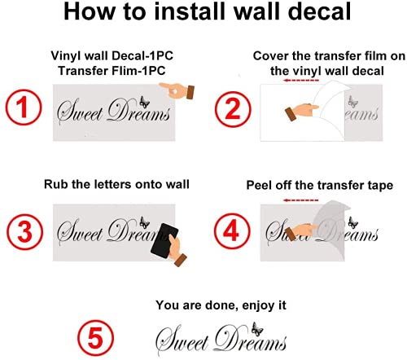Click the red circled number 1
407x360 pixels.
[x=24, y=108]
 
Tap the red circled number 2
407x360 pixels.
[x=233, y=109]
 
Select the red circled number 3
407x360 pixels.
[x=24, y=232]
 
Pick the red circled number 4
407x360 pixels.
[x=232, y=231]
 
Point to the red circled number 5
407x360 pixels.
[x=95, y=338]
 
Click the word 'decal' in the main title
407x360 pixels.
[x=319, y=11]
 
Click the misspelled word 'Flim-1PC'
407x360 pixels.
[x=138, y=71]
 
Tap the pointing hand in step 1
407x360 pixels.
[x=177, y=90]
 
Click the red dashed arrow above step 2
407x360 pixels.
[x=300, y=81]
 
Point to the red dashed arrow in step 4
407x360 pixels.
[x=300, y=200]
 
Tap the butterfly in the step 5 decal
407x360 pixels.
[x=256, y=329]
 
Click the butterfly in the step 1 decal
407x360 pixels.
[x=144, y=102]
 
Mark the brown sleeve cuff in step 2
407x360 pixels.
[x=290, y=114]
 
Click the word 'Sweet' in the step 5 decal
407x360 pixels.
[x=182, y=340]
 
